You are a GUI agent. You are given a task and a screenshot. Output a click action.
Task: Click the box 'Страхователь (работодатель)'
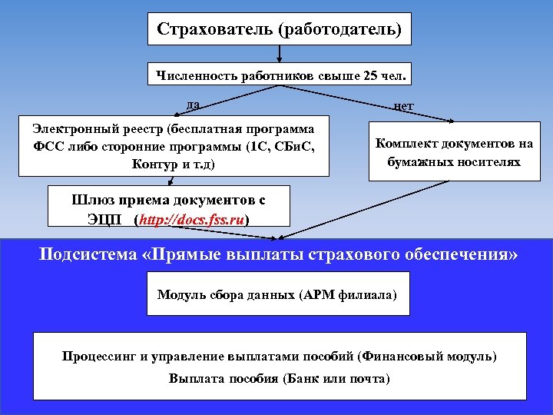pos(279,29)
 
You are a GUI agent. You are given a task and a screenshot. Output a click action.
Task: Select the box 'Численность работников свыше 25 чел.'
pos(280,75)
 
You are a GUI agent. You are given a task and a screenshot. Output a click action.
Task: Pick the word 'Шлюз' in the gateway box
pos(92,200)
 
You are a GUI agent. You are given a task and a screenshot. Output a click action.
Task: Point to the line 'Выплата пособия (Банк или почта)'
pos(280,379)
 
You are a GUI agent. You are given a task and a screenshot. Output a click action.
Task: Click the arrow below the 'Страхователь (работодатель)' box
pos(280,53)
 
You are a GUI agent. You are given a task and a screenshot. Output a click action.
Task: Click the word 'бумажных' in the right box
pos(419,162)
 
